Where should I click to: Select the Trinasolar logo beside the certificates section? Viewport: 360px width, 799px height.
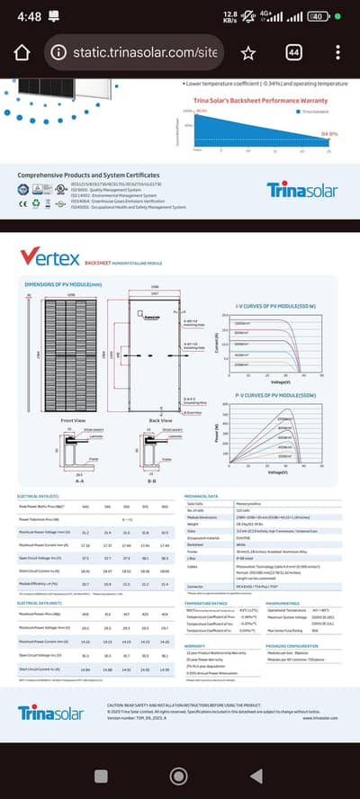(x=301, y=190)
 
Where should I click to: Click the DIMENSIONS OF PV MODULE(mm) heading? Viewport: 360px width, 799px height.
(x=59, y=284)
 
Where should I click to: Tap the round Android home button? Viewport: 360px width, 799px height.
(x=180, y=775)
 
